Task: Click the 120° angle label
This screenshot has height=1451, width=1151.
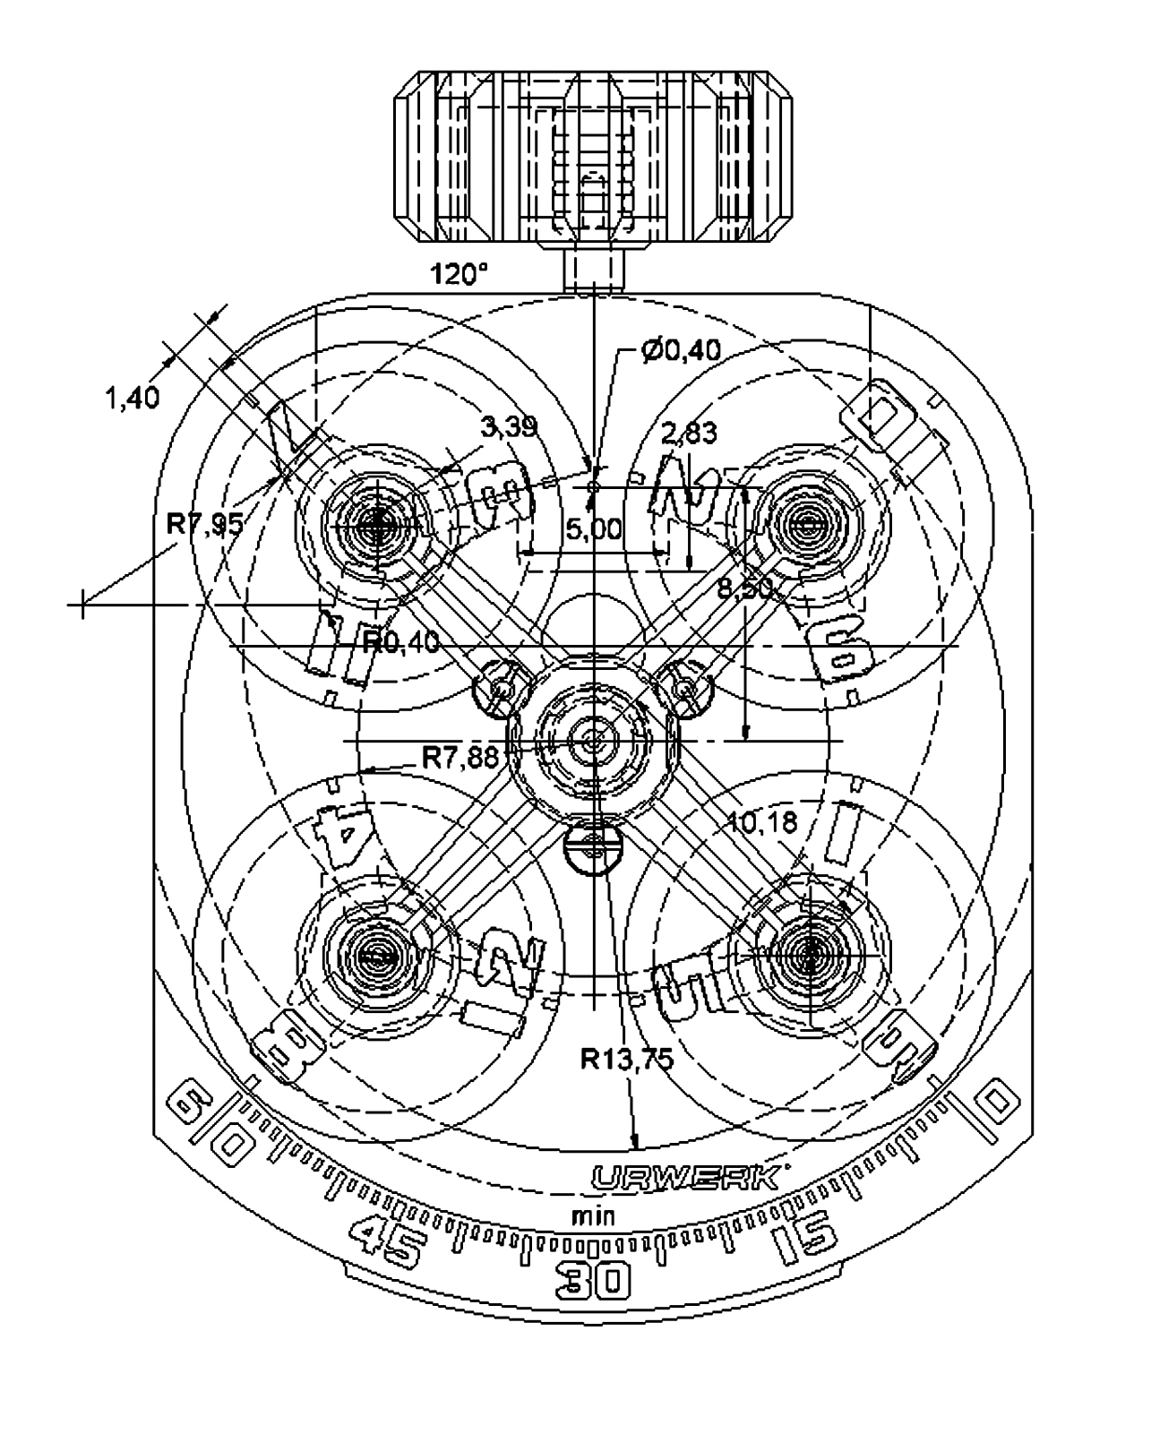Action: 460,273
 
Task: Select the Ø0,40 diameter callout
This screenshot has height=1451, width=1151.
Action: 681,350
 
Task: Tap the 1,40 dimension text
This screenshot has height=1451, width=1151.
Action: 133,398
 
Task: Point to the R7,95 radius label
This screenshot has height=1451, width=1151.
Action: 205,523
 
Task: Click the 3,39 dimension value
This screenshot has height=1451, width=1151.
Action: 509,426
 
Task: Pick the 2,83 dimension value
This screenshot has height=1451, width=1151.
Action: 689,434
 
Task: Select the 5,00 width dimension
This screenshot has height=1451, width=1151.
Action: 593,529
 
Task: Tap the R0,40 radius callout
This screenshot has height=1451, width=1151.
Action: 400,641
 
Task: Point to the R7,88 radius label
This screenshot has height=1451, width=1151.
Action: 460,759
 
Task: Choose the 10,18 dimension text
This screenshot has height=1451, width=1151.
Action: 763,822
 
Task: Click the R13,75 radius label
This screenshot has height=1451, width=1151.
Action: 626,1059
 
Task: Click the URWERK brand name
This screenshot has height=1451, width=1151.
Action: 684,1177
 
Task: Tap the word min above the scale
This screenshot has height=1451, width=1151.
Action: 593,1216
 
